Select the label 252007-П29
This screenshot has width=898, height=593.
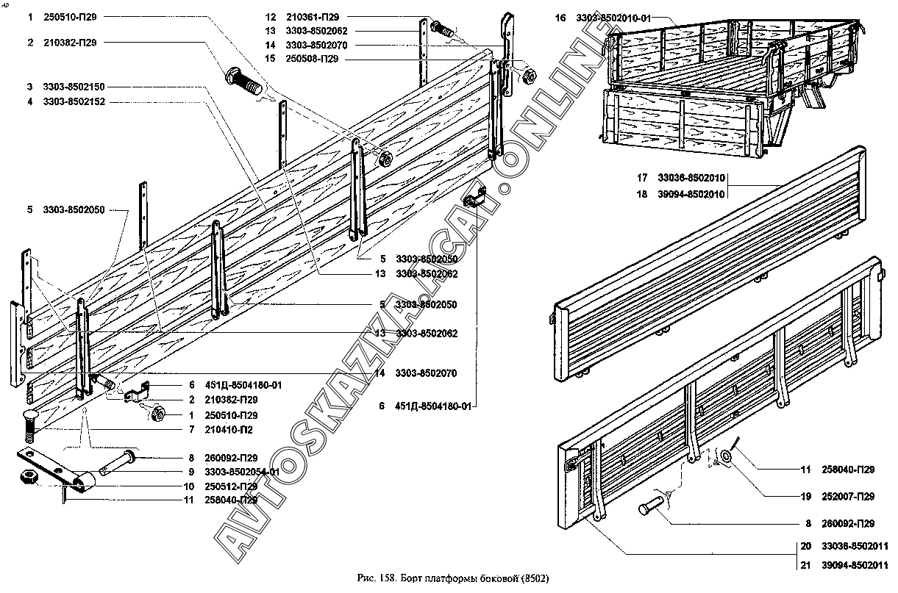(x=848, y=497)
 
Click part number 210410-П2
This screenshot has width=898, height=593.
(x=230, y=428)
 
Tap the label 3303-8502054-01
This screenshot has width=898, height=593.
(x=242, y=472)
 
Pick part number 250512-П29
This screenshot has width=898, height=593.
(x=231, y=486)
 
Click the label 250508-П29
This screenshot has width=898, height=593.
(x=310, y=60)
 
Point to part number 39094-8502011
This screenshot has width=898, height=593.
(x=855, y=564)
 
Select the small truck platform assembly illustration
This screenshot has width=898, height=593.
(x=728, y=88)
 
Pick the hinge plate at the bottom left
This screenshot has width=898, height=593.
(x=55, y=470)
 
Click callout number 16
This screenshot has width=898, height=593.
(x=560, y=17)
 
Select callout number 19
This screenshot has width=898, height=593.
(x=805, y=497)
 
